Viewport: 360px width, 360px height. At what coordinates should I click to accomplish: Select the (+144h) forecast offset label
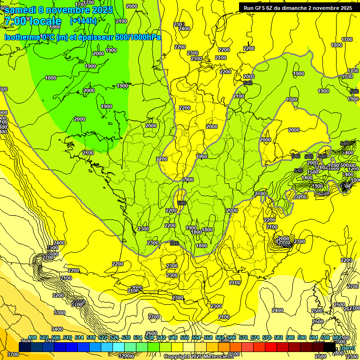pyautogui.click(x=84, y=21)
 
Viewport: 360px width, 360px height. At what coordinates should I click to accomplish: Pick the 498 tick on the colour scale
pyautogui.click(x=32, y=338)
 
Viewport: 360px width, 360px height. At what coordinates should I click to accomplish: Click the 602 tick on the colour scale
pyautogui.click(x=337, y=338)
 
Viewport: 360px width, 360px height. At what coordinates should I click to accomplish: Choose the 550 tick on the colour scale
pyautogui.click(x=184, y=338)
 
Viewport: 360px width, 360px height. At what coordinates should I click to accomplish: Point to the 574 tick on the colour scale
pyautogui.click(x=255, y=338)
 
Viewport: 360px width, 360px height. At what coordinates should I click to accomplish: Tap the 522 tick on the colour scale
pyautogui.click(x=102, y=338)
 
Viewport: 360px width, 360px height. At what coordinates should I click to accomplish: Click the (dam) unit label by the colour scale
pyautogui.click(x=347, y=347)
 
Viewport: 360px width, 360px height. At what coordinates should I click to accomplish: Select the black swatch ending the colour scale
pyautogui.click(x=330, y=347)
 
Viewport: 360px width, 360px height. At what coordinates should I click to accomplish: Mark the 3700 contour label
pyautogui.click(x=13, y=354)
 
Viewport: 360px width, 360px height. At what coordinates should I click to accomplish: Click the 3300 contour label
pyautogui.click(x=59, y=313)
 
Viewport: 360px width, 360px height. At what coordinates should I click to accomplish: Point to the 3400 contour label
pyautogui.click(x=57, y=329)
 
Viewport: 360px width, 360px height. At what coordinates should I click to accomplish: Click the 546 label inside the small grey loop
pyautogui.click(x=182, y=203)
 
